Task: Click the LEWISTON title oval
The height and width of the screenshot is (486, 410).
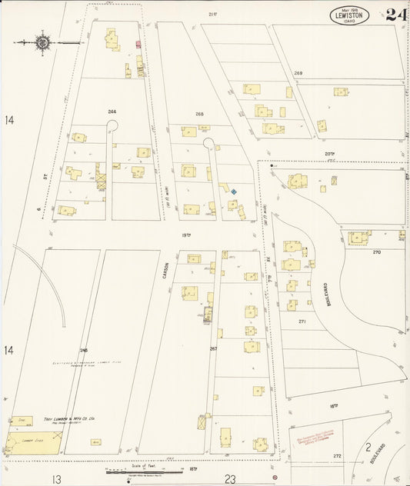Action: pos(350,15)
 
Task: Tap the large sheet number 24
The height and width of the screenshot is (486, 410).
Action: pos(396,15)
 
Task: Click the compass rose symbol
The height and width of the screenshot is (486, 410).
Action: pos(42,42)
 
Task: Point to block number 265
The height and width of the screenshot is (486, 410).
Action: pos(199,114)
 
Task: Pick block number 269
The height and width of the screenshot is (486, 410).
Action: pos(298,73)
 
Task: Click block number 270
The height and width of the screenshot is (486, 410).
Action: pos(376,251)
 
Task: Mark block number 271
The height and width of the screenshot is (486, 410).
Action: pos(302,321)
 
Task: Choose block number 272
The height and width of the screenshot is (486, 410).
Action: pos(337,456)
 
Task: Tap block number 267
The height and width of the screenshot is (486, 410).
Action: pos(213,348)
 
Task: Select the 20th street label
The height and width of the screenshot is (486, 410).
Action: pos(330,154)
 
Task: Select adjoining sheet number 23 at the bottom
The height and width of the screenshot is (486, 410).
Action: pos(230,478)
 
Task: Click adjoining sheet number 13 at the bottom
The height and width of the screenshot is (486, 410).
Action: pos(56,478)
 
